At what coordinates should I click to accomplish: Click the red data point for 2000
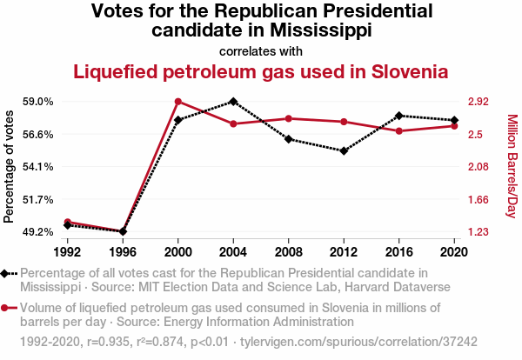[x=177, y=102]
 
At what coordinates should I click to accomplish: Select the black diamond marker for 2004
[x=233, y=102]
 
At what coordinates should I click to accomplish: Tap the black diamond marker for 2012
[x=344, y=151]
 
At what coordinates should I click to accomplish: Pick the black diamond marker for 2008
[x=288, y=139]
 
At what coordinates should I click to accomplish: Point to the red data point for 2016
[x=398, y=131]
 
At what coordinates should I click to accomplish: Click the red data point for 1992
[x=67, y=222]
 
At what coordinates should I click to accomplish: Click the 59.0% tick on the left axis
[x=38, y=102]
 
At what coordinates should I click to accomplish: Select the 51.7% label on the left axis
[x=38, y=199]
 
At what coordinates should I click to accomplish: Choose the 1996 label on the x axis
[x=123, y=251]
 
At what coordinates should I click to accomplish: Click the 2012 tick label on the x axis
[x=344, y=251]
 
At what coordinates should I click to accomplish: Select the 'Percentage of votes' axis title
[x=10, y=169]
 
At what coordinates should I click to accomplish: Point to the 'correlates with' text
[x=261, y=50]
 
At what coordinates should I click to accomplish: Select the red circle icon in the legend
[x=7, y=307]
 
